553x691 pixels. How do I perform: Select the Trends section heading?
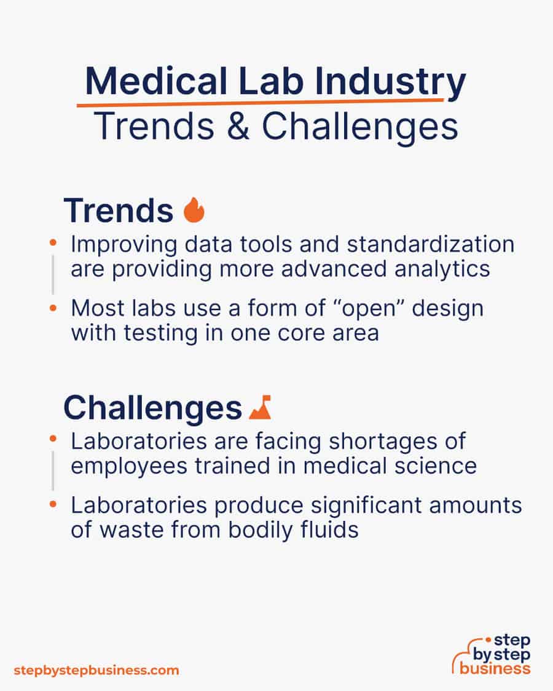tap(118, 211)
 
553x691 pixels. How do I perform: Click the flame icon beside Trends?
tap(194, 211)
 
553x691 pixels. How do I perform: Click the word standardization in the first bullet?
tap(430, 244)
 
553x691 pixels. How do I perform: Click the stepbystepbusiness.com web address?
tap(96, 670)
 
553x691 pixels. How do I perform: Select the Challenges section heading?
tap(152, 407)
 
